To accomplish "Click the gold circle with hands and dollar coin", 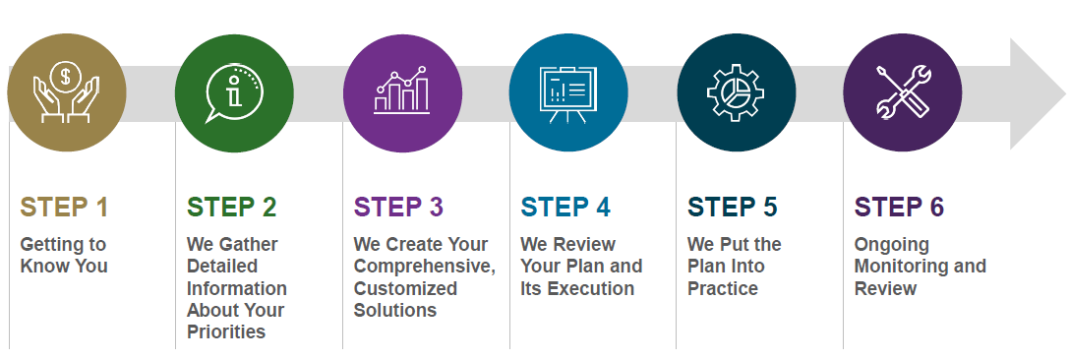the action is point(67,92).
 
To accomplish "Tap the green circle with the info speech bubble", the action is point(234,92).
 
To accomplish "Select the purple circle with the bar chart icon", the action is point(402,92).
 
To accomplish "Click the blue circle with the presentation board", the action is point(568,92).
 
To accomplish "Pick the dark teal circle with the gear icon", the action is point(737,92).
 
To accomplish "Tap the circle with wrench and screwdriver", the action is point(903,92).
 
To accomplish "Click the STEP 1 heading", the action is point(64,208).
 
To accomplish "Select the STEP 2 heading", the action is point(232,208).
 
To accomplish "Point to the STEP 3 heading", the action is point(399,208).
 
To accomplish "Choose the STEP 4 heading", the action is point(565,208).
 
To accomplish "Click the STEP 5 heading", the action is point(733,208).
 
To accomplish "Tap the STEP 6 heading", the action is point(899,208).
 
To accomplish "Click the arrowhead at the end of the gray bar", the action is point(1038,93).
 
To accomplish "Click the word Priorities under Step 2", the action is point(226,332).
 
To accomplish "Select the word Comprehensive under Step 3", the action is point(425,267).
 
